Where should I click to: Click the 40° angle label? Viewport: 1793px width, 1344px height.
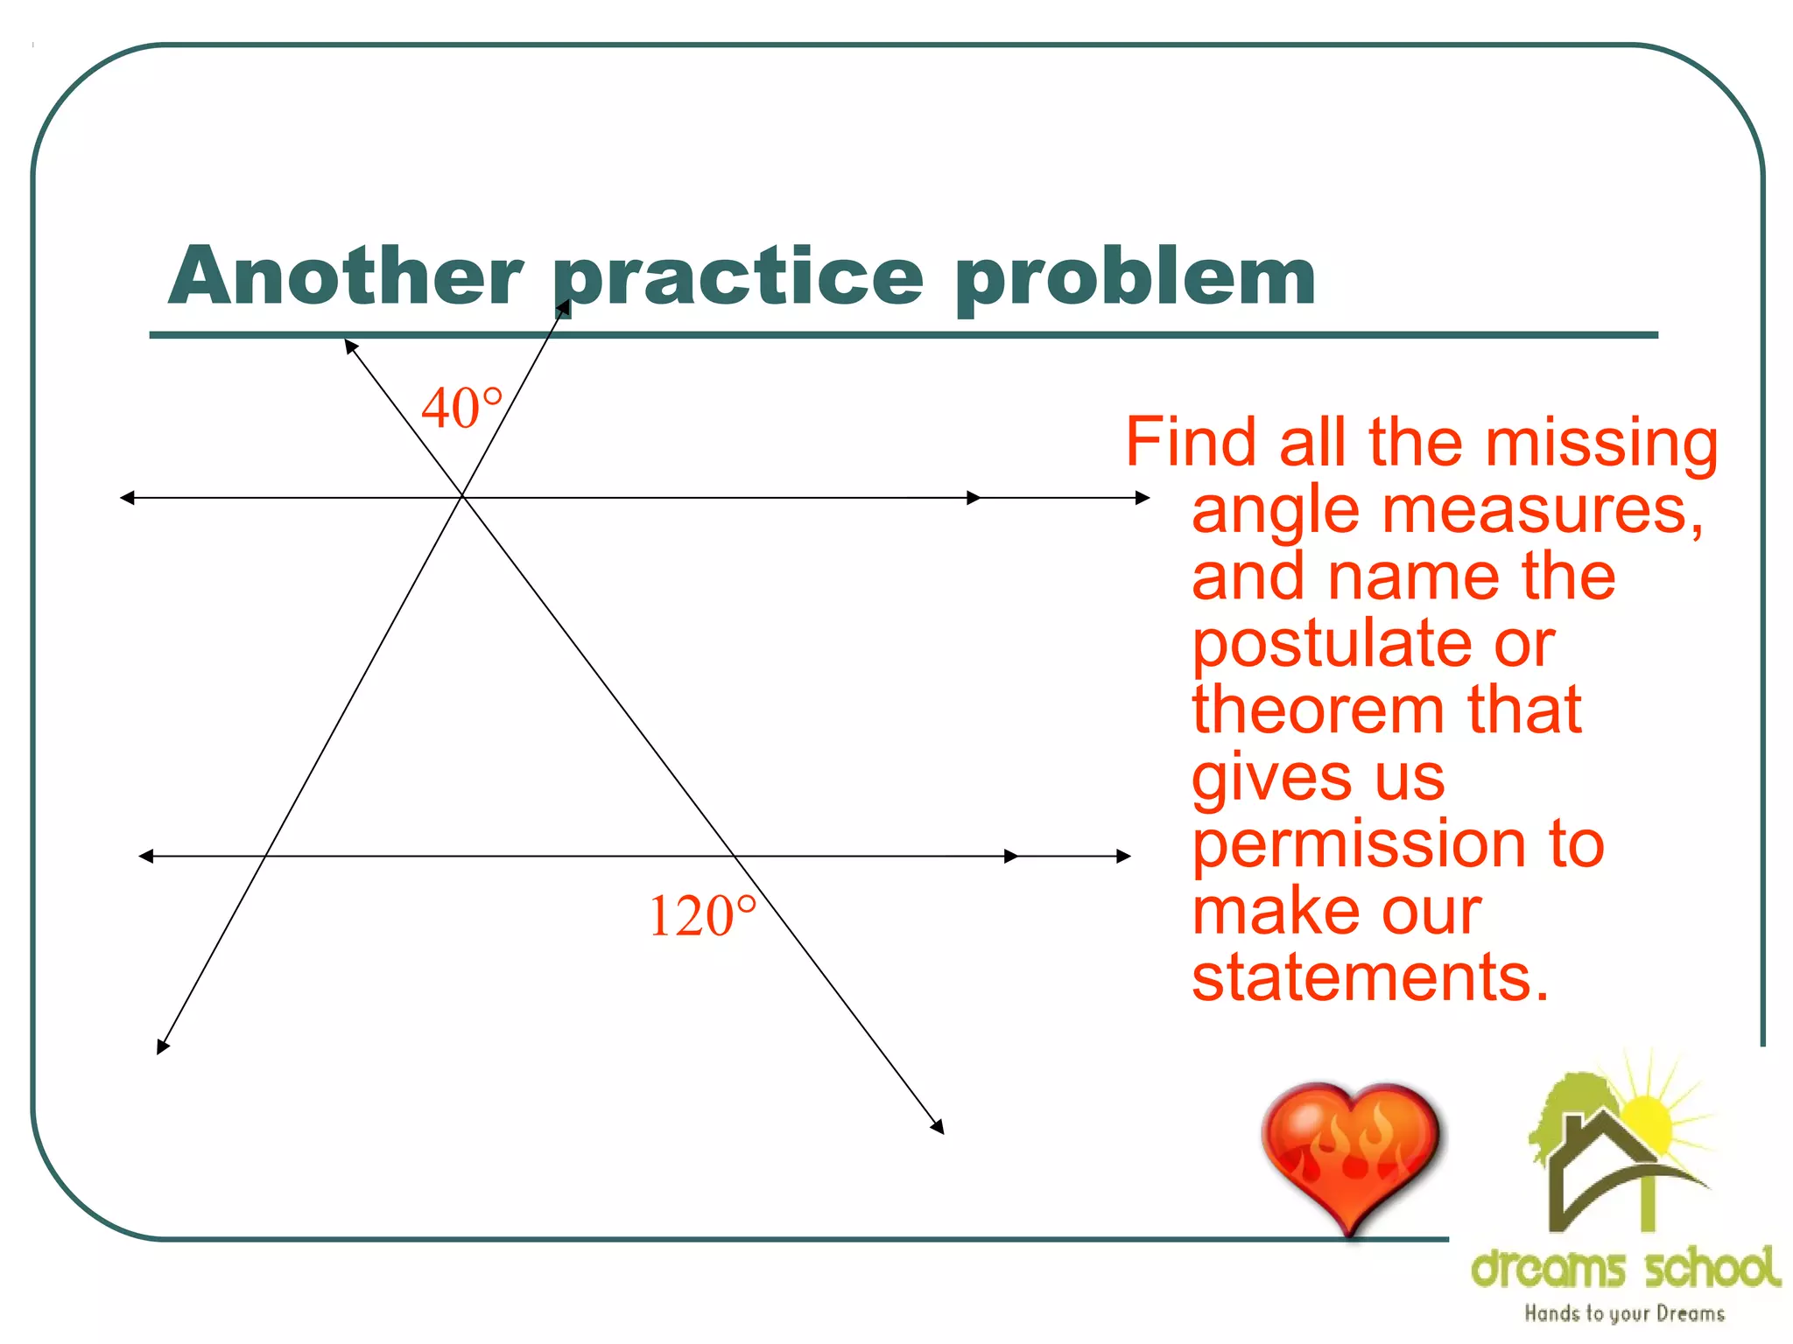click(461, 409)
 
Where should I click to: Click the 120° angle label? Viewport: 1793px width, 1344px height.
click(701, 917)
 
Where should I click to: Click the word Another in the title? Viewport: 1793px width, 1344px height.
click(347, 276)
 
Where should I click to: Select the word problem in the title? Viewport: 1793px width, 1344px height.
click(1136, 278)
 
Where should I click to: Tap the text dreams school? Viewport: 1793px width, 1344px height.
click(1625, 1268)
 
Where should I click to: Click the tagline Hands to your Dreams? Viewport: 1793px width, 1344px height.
click(1624, 1313)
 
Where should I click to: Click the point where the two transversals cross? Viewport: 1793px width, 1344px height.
click(462, 497)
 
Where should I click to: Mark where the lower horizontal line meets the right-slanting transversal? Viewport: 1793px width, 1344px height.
click(734, 856)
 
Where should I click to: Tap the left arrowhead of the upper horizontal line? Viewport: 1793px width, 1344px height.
click(127, 498)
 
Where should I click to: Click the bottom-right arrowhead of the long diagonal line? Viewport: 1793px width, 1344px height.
click(938, 1127)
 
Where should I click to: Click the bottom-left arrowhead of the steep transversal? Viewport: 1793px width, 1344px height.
click(162, 1046)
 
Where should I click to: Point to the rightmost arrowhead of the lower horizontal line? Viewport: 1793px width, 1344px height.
click(1124, 856)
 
